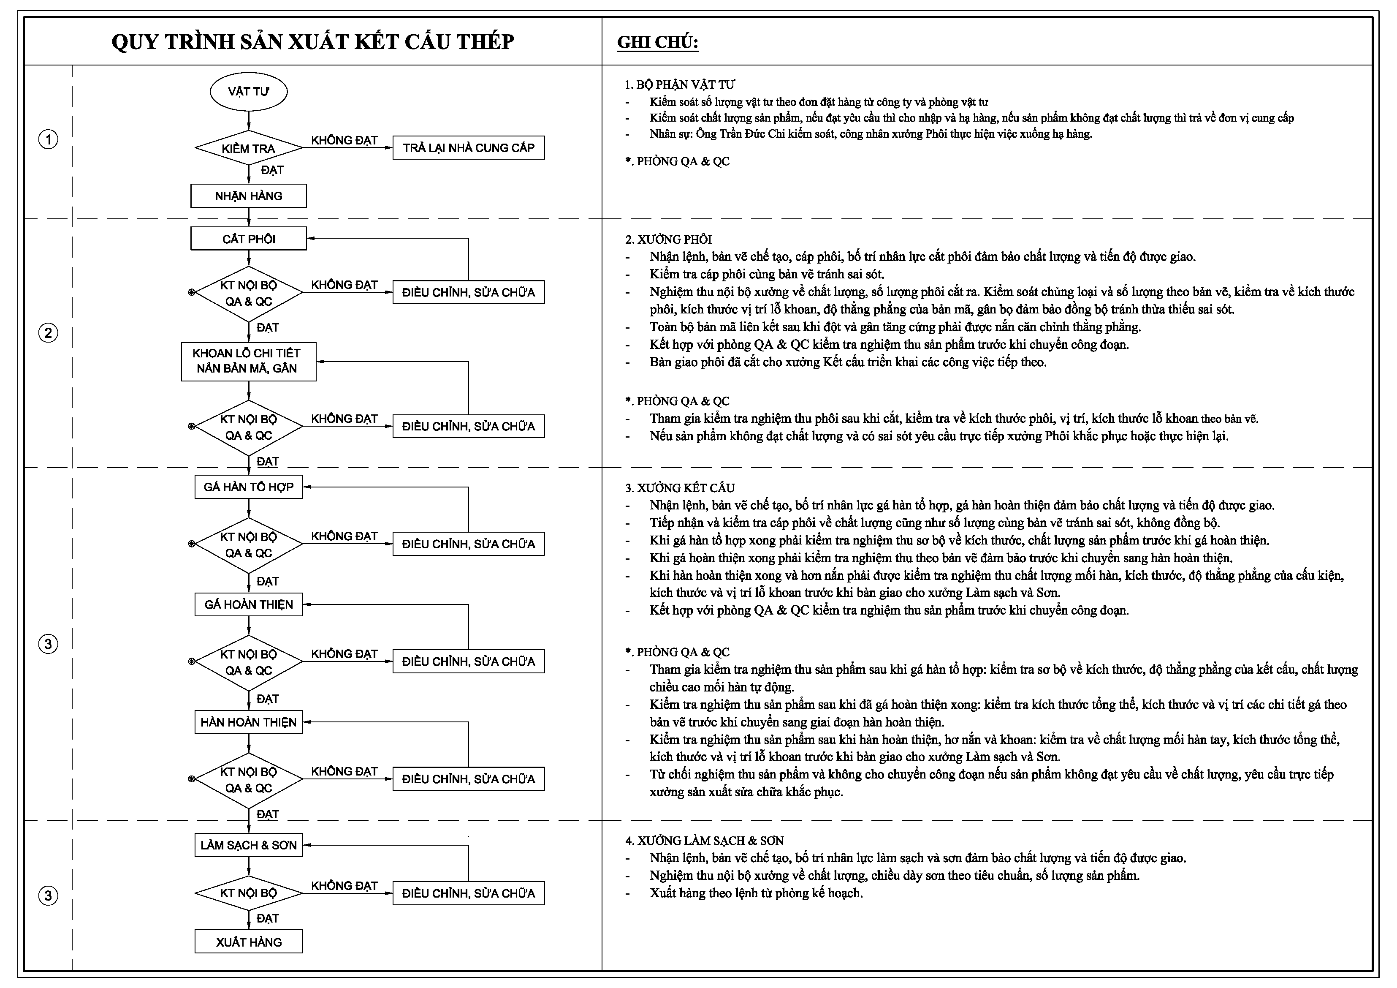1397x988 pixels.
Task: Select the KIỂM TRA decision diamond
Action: tap(248, 148)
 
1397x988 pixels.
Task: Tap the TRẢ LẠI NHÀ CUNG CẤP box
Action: tap(469, 148)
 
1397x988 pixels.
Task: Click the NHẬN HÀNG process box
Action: tap(248, 196)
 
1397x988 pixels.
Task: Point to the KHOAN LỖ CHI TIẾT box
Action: tap(248, 361)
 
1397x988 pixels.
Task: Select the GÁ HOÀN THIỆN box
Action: tap(248, 604)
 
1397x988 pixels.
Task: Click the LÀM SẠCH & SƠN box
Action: tap(248, 845)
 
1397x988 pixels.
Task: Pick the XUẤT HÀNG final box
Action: tap(248, 942)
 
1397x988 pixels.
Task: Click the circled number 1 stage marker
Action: tap(48, 140)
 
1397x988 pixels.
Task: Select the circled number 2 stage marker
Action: tap(48, 333)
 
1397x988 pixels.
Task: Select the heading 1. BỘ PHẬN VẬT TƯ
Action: tap(680, 84)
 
